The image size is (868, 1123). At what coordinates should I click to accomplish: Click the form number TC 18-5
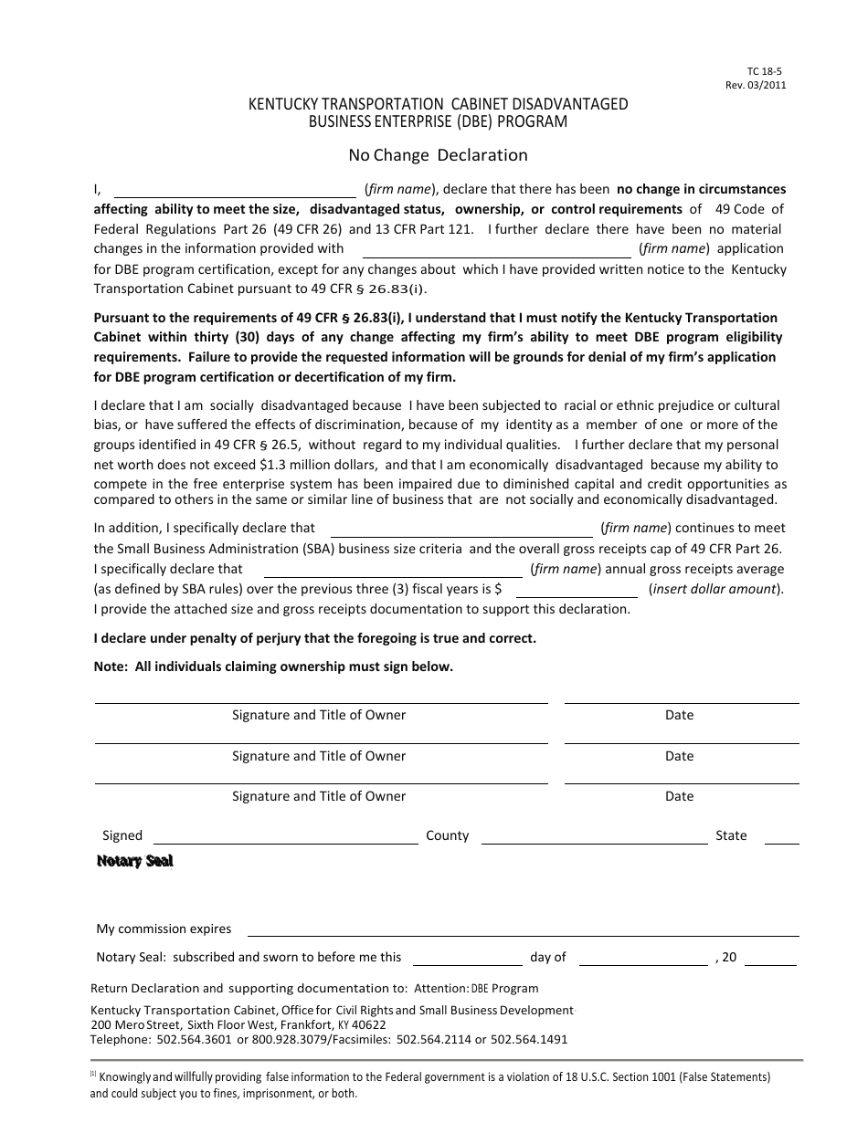(x=759, y=71)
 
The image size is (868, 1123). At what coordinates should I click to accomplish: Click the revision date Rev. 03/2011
(x=756, y=85)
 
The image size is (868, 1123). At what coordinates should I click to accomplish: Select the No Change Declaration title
(x=438, y=155)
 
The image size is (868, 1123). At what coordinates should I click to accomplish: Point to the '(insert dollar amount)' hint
(x=716, y=589)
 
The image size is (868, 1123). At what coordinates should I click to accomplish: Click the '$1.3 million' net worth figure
(x=308, y=464)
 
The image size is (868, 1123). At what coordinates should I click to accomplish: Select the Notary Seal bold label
(x=135, y=861)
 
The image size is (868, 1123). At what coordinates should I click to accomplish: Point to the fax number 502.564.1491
(x=529, y=1039)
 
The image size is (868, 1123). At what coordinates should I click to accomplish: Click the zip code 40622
(x=368, y=1024)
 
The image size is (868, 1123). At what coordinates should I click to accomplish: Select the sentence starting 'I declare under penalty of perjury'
(x=315, y=638)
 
